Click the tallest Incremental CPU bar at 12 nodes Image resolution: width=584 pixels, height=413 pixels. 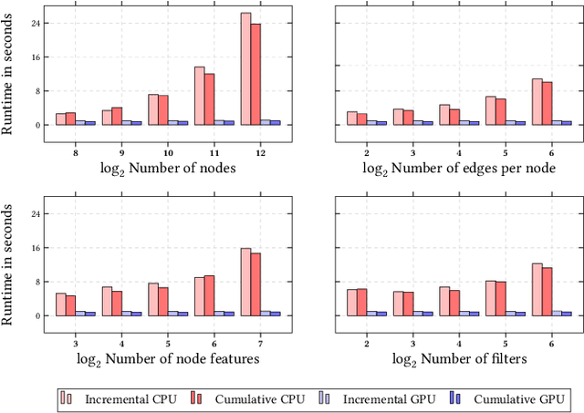(x=245, y=69)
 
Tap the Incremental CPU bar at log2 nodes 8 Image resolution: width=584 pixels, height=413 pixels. (x=60, y=119)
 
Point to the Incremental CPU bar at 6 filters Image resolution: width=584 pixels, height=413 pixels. (x=537, y=289)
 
